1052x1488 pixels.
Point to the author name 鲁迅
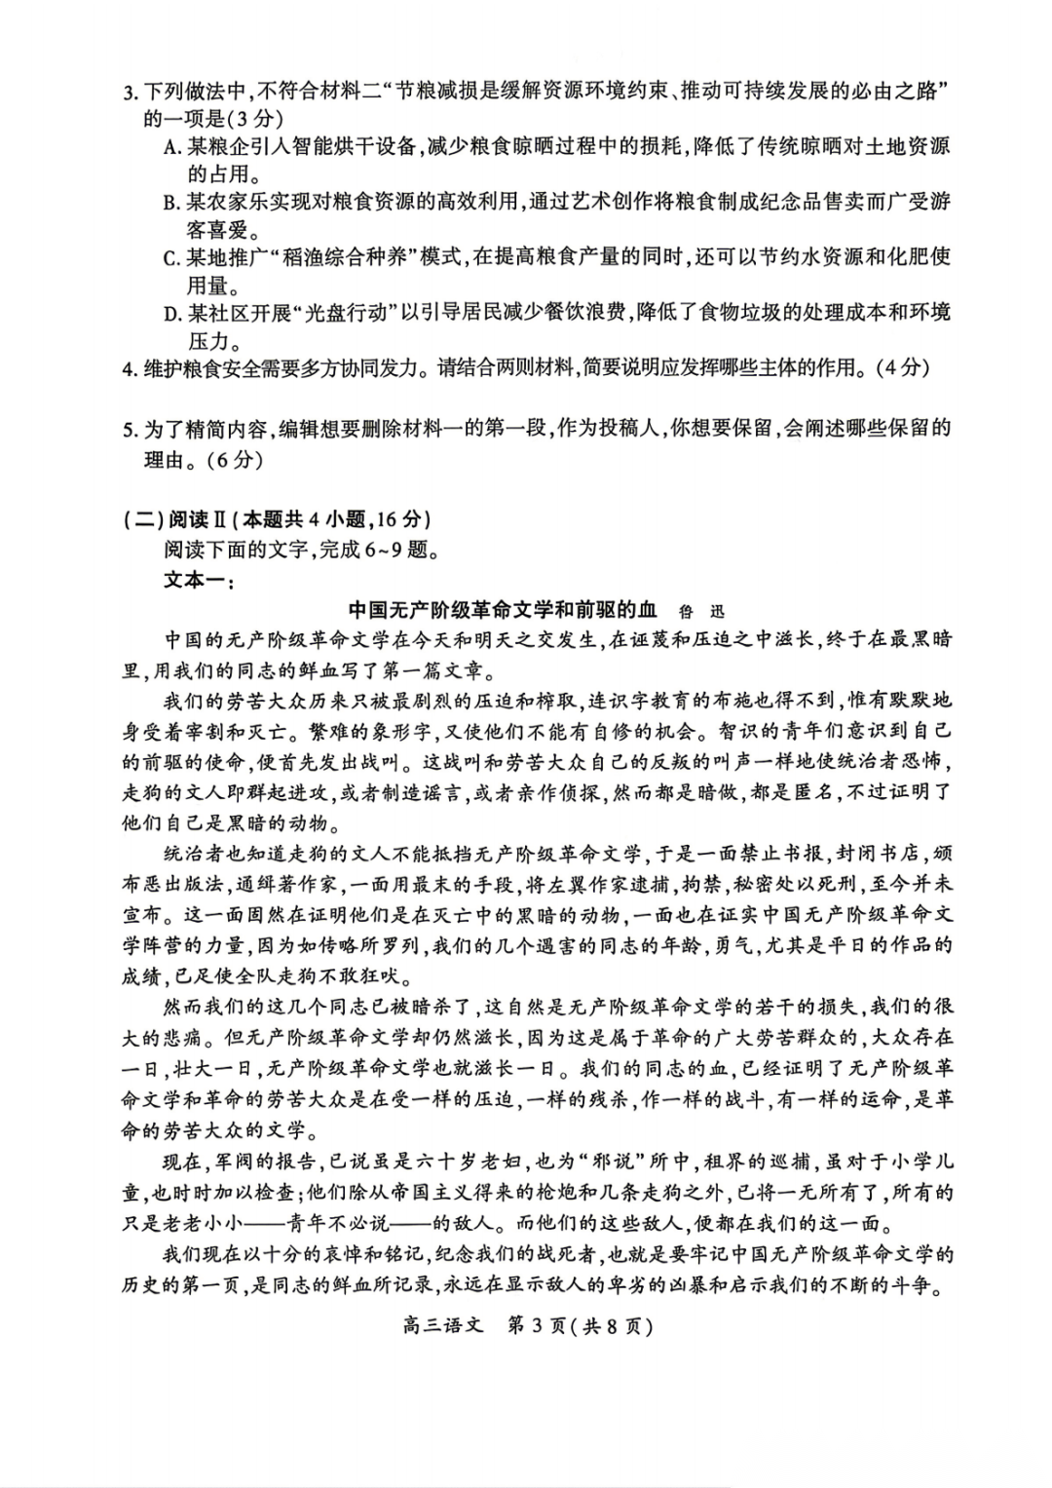point(701,611)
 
